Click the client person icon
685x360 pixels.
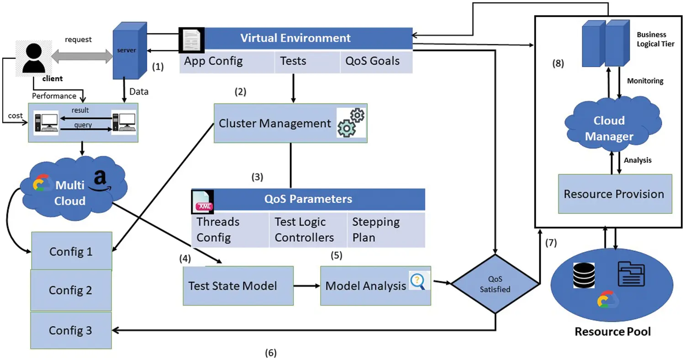[x=33, y=57]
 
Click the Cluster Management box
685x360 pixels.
[x=290, y=123]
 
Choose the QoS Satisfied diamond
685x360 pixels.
[x=495, y=283]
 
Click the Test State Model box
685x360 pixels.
[x=238, y=286]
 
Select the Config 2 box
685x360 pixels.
[x=71, y=290]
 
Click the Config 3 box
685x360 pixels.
[x=71, y=330]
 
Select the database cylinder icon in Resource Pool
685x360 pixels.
[x=585, y=275]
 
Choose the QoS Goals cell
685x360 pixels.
[x=376, y=61]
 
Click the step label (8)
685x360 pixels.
[x=558, y=64]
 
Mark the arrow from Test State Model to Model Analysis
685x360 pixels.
[x=306, y=286]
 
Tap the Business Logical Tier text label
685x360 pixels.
[x=657, y=39]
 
